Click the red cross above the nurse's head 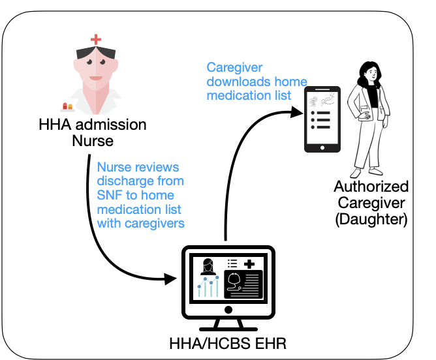96,39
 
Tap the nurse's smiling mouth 95,82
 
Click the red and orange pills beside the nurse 66,106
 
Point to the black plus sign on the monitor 249,263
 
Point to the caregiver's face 369,75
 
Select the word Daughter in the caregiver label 371,220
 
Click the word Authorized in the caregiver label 371,187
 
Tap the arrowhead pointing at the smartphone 300,111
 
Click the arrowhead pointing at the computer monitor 172,279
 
